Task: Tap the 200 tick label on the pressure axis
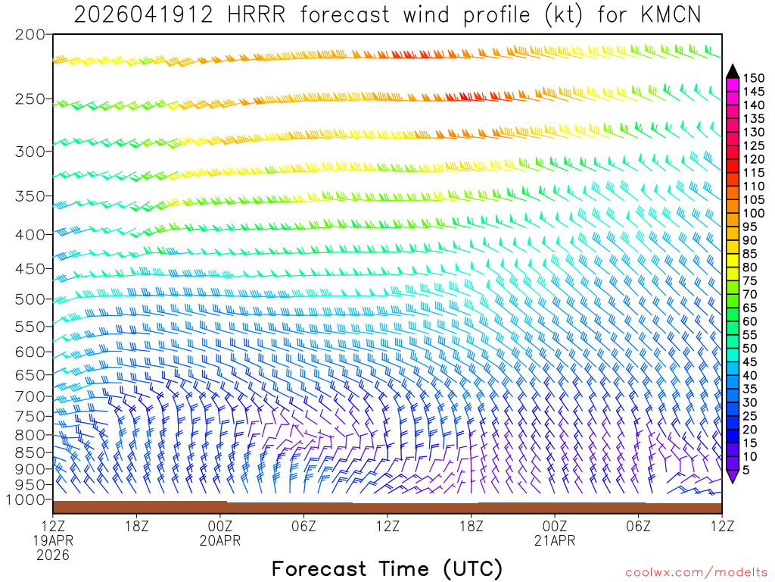point(30,35)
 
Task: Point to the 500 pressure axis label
point(30,299)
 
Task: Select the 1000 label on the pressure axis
point(26,499)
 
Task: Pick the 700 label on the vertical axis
point(30,396)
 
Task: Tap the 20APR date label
point(219,540)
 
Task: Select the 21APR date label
point(555,540)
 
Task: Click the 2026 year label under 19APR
point(52,555)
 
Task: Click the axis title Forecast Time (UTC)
point(387,568)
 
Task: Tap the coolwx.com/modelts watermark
point(696,571)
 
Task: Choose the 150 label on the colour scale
point(753,78)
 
